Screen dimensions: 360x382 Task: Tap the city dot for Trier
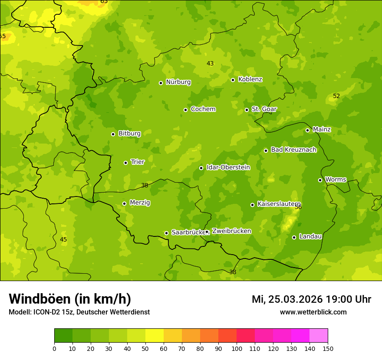125,163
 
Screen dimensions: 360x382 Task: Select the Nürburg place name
178,82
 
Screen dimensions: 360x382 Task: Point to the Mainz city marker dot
307,130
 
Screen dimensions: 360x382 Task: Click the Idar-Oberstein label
228,167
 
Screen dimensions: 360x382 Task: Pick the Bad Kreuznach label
293,150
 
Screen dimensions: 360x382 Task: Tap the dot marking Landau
294,237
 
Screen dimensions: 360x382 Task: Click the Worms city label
335,180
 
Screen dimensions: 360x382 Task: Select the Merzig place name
140,203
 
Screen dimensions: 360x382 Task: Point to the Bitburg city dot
113,134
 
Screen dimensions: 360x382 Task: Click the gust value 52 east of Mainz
336,96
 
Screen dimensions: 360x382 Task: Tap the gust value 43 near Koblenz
210,63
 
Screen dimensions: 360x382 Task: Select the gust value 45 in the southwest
63,239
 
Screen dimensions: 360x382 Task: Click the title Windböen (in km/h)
70,299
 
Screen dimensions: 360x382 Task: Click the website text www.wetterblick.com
313,312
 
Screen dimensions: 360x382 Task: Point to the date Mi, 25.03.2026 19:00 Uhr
311,299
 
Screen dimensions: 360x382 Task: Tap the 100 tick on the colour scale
237,348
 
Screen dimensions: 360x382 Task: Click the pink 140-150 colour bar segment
319,336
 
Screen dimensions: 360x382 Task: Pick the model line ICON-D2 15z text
79,312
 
